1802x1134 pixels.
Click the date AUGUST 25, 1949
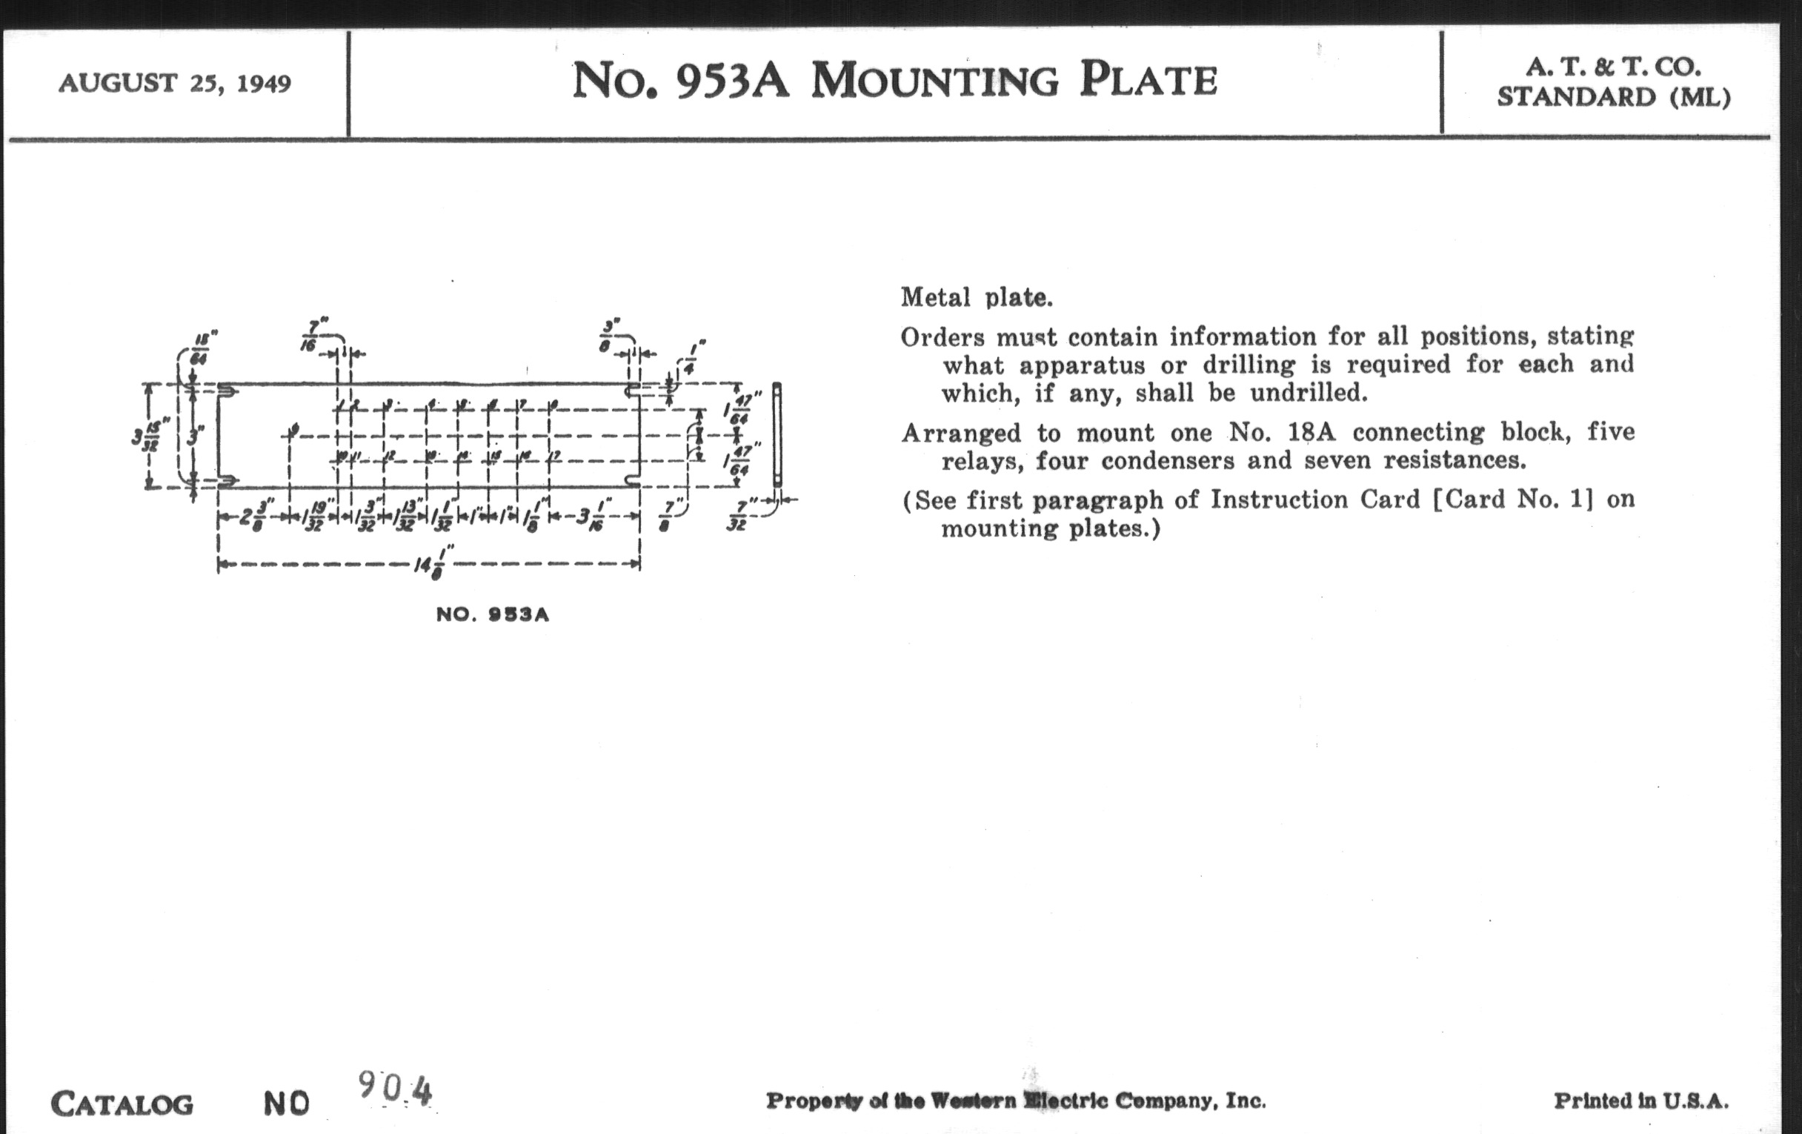pyautogui.click(x=174, y=82)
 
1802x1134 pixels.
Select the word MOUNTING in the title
pyautogui.click(x=934, y=82)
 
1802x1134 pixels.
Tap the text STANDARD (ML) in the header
pyautogui.click(x=1613, y=97)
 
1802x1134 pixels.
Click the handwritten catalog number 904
pyautogui.click(x=395, y=1088)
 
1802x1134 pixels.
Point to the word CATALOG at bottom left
pyautogui.click(x=122, y=1104)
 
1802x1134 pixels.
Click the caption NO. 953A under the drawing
pyautogui.click(x=493, y=614)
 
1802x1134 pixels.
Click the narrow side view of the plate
pyautogui.click(x=777, y=434)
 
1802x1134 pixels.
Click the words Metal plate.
pyautogui.click(x=976, y=298)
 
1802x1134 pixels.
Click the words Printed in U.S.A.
pyautogui.click(x=1641, y=1101)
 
